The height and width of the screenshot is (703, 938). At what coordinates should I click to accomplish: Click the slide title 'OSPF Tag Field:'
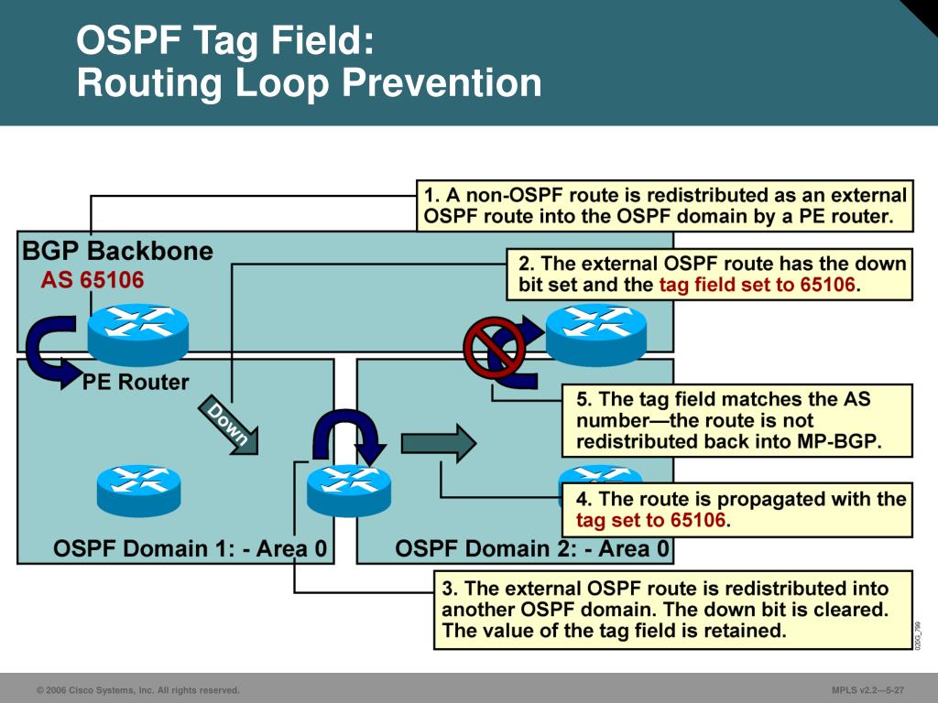[225, 41]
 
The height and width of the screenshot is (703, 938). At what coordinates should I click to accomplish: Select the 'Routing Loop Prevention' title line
[309, 83]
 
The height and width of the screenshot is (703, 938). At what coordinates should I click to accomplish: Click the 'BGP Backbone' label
[117, 251]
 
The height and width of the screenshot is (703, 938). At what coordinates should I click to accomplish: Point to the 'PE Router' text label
[136, 382]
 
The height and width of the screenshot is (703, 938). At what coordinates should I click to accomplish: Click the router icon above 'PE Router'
[137, 331]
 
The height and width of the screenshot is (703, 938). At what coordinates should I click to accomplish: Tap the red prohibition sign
[494, 348]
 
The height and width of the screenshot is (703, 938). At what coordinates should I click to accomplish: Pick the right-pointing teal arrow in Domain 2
[439, 443]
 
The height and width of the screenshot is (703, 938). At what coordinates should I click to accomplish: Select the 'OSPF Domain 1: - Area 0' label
[190, 549]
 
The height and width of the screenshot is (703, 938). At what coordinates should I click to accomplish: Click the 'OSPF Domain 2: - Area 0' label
[531, 549]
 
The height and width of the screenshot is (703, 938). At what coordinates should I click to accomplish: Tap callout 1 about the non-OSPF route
[665, 207]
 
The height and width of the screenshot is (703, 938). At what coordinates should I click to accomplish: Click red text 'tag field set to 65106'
[758, 285]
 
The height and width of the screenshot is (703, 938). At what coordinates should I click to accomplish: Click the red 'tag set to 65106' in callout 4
[651, 521]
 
